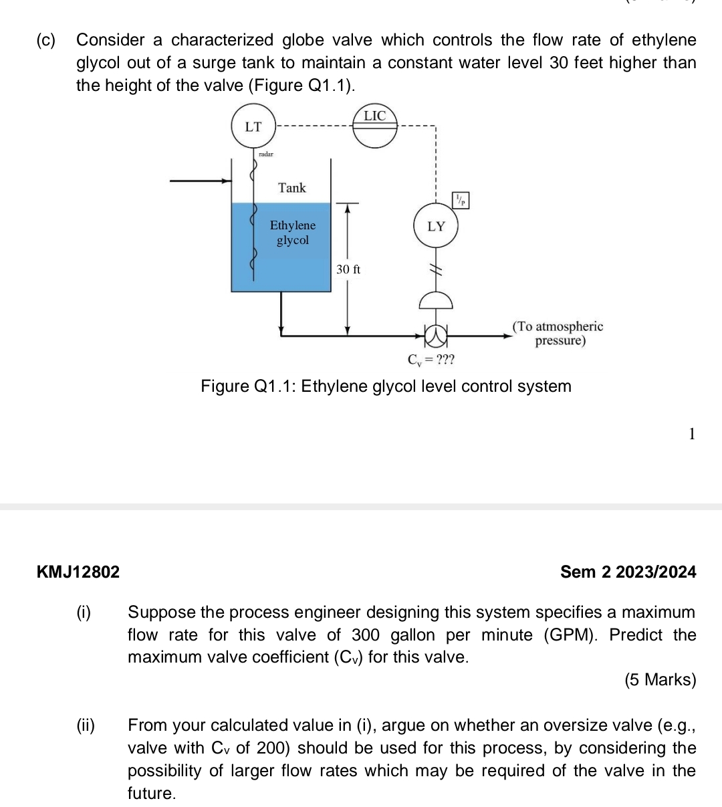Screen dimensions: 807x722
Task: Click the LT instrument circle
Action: tap(253, 126)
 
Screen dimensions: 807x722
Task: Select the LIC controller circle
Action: tap(374, 126)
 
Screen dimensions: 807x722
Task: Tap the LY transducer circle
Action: tap(436, 226)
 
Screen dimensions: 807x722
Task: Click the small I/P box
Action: tap(461, 199)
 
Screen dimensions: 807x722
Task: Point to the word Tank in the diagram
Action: tap(292, 188)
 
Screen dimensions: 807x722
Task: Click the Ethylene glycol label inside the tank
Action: tap(293, 233)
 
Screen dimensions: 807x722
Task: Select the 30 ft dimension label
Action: tap(348, 269)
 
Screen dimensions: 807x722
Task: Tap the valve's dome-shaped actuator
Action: tap(435, 300)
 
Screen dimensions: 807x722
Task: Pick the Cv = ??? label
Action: tap(431, 360)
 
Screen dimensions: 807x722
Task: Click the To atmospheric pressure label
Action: tap(558, 334)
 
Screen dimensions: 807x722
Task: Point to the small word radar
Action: tap(265, 154)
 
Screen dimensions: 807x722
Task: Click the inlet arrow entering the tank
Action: tap(201, 180)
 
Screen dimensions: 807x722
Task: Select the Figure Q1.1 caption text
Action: tap(386, 386)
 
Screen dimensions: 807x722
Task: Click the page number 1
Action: tap(692, 434)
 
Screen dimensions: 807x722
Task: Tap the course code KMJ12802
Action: tap(79, 572)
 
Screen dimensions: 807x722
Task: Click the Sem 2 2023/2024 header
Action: tap(628, 572)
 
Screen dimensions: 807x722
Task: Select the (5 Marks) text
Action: tap(660, 680)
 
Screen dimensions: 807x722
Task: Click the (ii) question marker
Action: tap(86, 725)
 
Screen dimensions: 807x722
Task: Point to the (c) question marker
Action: tap(47, 40)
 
